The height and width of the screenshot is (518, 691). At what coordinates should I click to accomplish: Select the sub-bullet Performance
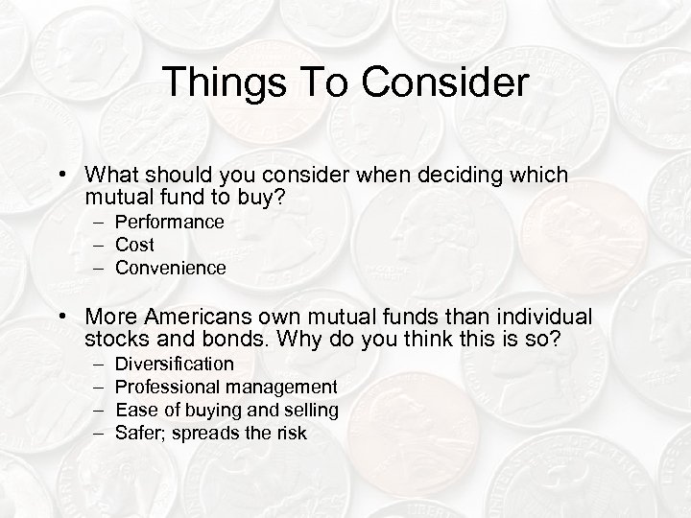pos(170,222)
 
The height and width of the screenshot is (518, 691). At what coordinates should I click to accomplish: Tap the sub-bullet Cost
pos(134,245)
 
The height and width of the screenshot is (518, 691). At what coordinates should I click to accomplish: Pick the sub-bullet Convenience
pos(171,268)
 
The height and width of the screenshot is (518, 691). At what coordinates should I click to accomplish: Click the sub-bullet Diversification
pos(174,364)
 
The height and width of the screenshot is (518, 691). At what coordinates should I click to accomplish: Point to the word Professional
pos(168,387)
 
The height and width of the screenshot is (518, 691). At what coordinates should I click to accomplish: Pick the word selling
pos(307,410)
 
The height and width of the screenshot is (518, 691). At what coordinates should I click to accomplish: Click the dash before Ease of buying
pos(99,410)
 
